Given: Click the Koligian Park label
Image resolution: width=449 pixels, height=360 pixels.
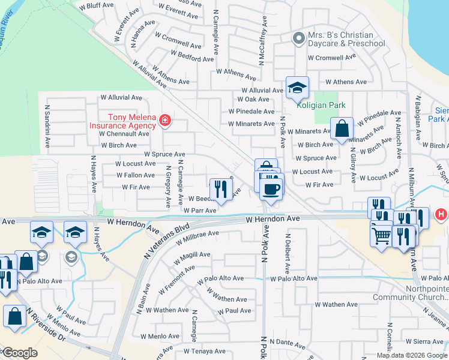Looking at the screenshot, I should (x=321, y=105).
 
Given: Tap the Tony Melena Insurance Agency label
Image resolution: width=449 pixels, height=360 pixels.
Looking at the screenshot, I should (x=124, y=122).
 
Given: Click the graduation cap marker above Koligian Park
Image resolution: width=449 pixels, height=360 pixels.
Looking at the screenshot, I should (x=297, y=88).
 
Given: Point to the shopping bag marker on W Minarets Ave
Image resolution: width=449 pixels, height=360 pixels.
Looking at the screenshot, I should (x=342, y=129).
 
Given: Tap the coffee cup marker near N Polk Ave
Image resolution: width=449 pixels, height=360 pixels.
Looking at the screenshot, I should (x=271, y=189).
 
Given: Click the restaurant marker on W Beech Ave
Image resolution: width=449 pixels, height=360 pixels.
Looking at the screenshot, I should (x=221, y=189).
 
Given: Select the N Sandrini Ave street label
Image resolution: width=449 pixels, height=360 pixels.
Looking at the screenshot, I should (x=47, y=128).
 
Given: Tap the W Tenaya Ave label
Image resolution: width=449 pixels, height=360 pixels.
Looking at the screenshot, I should (x=203, y=351).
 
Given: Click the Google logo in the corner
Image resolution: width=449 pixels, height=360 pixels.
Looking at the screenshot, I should (x=19, y=353).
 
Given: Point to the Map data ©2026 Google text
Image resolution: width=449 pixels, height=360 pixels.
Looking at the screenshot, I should (x=411, y=355).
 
